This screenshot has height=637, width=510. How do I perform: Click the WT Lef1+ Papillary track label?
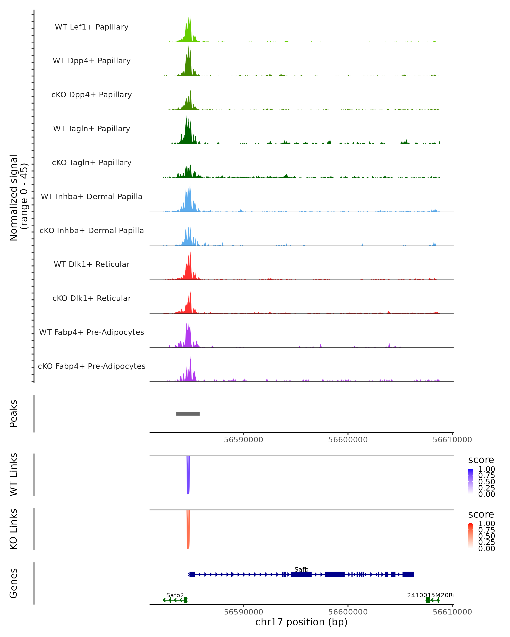pos(92,27)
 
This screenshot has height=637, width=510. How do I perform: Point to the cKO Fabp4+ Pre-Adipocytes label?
pos(92,366)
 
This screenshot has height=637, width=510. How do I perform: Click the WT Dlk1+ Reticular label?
pos(92,264)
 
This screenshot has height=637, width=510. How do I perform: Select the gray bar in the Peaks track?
pos(188,414)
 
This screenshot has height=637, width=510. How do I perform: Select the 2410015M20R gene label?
pos(430,595)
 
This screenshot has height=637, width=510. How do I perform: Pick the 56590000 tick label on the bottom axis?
pos(243,612)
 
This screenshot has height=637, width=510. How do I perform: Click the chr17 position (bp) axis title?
pos(301,622)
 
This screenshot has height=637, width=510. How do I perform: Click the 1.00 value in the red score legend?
pos(486,524)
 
